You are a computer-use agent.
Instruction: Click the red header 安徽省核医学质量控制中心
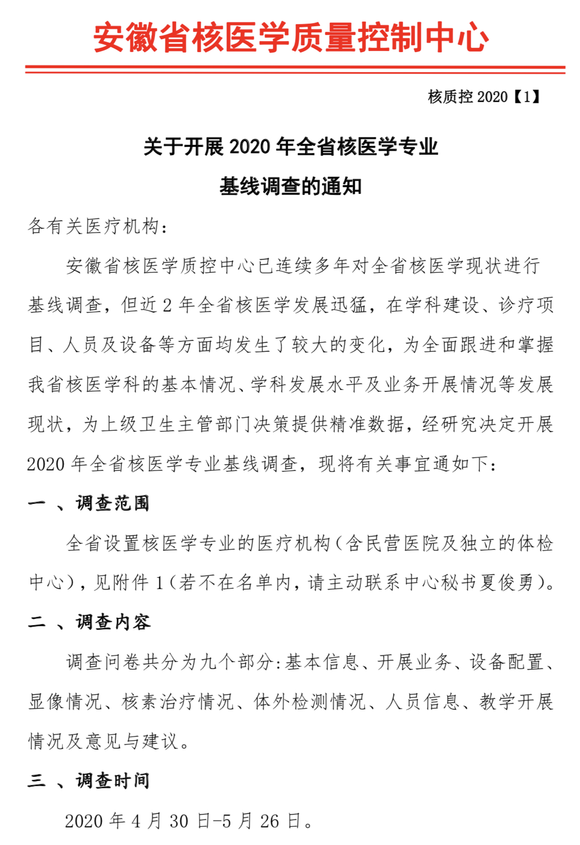click(x=290, y=37)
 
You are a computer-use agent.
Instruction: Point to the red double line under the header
click(x=295, y=69)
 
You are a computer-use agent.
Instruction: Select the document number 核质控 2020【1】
click(x=483, y=96)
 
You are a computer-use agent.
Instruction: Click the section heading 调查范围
click(x=113, y=503)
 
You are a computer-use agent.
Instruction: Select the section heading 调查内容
click(x=113, y=622)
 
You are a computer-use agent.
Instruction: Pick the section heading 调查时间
click(x=113, y=781)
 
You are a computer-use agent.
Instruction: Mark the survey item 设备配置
click(x=506, y=662)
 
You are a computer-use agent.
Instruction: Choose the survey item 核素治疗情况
click(x=178, y=702)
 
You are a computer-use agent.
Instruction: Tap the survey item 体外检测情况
click(x=310, y=702)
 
